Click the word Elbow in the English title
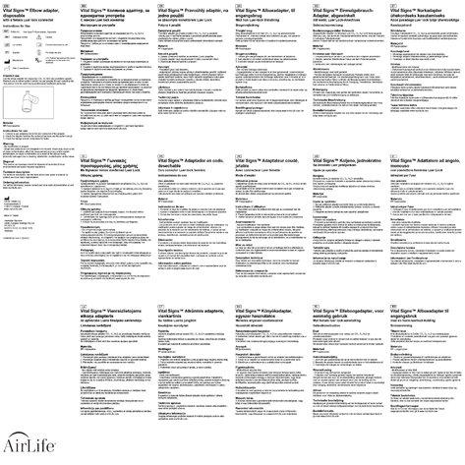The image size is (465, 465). tap(41, 7)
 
